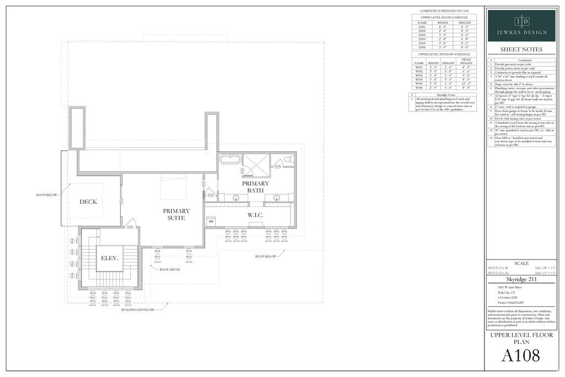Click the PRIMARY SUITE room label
click(x=177, y=214)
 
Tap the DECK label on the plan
click(x=88, y=201)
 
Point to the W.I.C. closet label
click(x=257, y=215)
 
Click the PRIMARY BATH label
click(x=255, y=187)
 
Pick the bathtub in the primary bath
click(x=230, y=161)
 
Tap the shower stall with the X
click(x=257, y=164)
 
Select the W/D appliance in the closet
click(x=211, y=221)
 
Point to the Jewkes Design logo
click(x=521, y=25)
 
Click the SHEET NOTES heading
click(x=521, y=49)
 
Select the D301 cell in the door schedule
click(x=422, y=26)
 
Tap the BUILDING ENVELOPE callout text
click(x=138, y=310)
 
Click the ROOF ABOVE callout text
click(x=170, y=270)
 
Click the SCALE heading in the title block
click(x=521, y=263)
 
